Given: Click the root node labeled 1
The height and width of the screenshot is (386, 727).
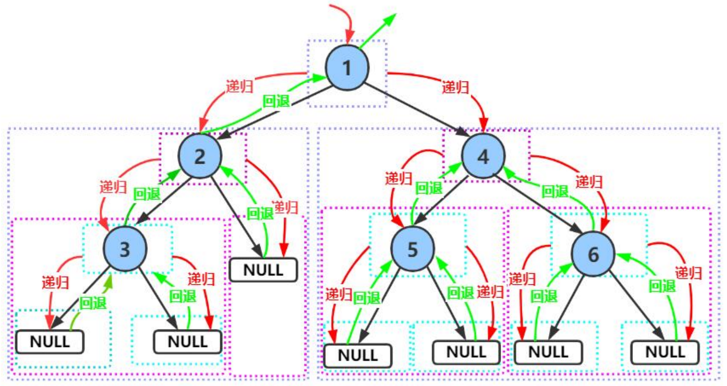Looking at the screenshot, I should click(347, 68).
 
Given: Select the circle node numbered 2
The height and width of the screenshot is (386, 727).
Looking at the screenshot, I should click(200, 156).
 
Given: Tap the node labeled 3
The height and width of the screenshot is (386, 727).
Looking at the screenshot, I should click(125, 249).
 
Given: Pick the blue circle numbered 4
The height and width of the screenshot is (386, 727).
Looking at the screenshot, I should click(483, 156).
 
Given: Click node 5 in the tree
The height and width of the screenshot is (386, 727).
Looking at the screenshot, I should click(412, 249).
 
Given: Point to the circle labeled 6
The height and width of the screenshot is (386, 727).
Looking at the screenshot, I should click(593, 254).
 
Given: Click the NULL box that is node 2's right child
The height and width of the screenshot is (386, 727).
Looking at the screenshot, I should click(263, 270).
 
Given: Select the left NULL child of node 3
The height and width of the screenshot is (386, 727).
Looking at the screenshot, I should click(50, 342).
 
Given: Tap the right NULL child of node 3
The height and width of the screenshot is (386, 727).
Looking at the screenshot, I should click(187, 342).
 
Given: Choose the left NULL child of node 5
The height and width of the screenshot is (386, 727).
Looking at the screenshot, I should click(358, 355).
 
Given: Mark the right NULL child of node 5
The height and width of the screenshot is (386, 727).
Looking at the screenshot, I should click(466, 352).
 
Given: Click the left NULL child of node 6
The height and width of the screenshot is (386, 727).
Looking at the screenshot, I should click(548, 352).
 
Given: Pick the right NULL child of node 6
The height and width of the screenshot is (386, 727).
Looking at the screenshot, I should click(665, 352).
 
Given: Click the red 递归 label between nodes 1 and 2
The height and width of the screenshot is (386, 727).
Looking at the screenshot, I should click(240, 86).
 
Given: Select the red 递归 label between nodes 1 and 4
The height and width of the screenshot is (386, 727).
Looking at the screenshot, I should click(455, 87).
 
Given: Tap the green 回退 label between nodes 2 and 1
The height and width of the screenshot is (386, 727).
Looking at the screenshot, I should click(276, 101).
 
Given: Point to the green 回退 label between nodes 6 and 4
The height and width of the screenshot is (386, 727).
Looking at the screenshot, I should click(555, 191).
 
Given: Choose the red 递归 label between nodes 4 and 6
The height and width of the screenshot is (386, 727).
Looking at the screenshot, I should click(589, 181).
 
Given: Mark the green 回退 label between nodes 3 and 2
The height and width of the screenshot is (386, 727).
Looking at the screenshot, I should click(147, 194).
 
